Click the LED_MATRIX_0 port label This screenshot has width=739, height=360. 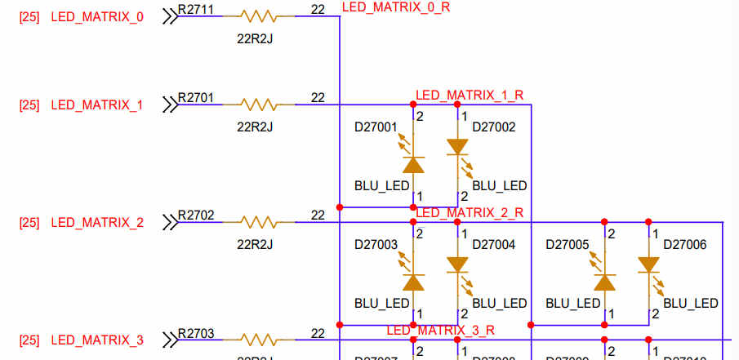point(97,16)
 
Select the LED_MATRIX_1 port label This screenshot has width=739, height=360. point(97,104)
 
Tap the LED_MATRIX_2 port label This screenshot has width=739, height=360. point(97,222)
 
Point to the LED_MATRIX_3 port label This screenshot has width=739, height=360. point(97,340)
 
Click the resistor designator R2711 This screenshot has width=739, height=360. point(196,9)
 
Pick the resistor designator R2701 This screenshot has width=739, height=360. point(196,98)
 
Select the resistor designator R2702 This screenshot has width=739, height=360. point(196,216)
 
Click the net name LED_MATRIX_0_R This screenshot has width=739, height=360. point(396,7)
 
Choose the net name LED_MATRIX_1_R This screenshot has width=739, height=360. point(470,96)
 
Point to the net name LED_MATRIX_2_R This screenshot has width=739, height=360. point(470,213)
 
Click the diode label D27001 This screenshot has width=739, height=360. point(376,127)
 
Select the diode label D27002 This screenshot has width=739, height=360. point(494,127)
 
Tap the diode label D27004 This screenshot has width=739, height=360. point(494,245)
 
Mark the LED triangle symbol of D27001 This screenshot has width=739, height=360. point(414,164)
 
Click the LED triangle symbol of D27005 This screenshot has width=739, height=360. point(604,282)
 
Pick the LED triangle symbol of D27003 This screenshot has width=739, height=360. point(414,282)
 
